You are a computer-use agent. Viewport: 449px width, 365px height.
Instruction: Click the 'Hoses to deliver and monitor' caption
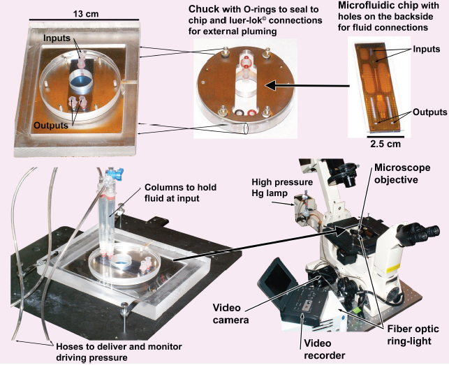(x=87, y=346)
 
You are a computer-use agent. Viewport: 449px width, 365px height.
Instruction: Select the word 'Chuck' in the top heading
(x=203, y=8)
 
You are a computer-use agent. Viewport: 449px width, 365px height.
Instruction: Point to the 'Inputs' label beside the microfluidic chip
(x=426, y=50)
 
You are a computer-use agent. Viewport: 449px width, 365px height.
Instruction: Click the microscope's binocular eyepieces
(x=423, y=230)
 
